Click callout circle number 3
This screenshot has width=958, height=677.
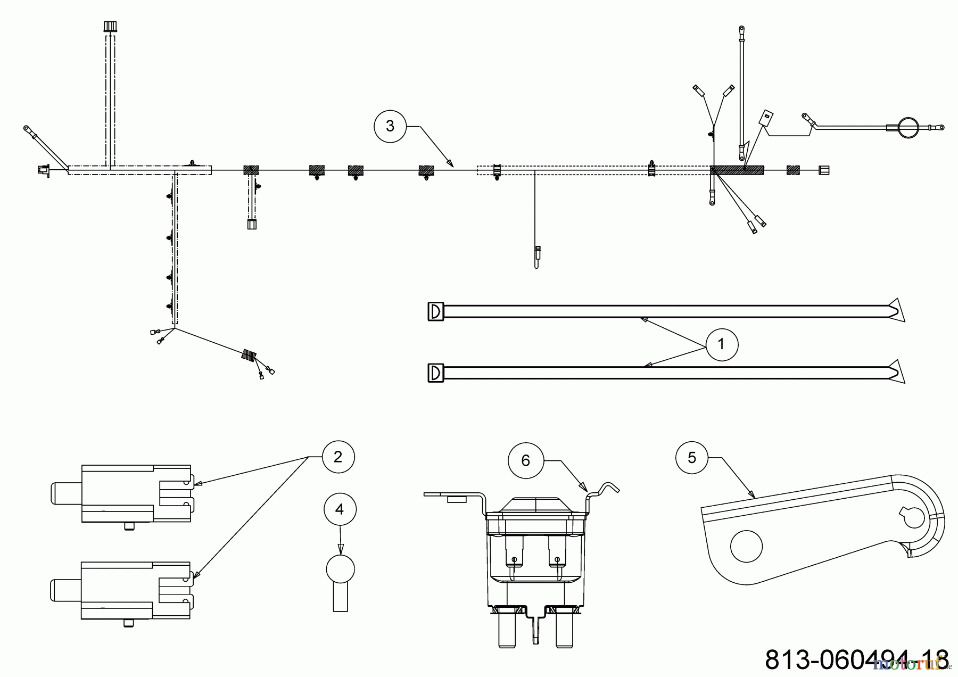(390, 126)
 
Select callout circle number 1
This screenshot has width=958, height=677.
(722, 344)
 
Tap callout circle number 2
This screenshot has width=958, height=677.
(338, 457)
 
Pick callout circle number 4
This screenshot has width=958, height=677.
(340, 509)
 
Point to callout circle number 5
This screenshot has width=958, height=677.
(692, 458)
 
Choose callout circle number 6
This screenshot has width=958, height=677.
(526, 460)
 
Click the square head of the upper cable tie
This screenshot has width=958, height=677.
(435, 311)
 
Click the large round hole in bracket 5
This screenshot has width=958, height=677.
(746, 546)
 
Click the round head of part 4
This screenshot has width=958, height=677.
(340, 568)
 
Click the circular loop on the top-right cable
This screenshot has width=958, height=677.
(908, 128)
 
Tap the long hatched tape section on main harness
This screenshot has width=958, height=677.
(737, 170)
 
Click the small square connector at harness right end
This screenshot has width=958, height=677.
(823, 170)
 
